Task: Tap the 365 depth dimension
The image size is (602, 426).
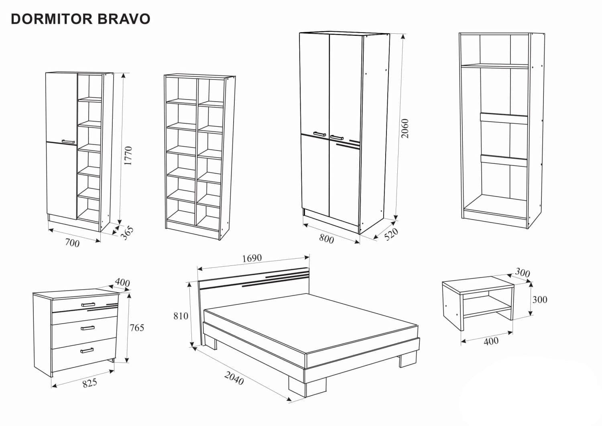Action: (127, 233)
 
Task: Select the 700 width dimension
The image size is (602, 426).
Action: (72, 243)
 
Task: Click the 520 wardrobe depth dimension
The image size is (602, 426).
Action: (391, 234)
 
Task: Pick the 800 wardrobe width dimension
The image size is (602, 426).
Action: (326, 238)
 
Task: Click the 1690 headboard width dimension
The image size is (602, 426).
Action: (252, 258)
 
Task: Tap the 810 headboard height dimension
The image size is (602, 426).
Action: (181, 316)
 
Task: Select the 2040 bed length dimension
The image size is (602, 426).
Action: (234, 378)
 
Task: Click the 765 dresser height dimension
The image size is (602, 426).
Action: (136, 328)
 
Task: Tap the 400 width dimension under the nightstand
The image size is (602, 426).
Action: (491, 341)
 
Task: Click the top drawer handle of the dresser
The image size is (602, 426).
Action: (88, 304)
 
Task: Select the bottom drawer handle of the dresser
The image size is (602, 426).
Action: (87, 351)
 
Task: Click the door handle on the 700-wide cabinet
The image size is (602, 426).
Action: (68, 141)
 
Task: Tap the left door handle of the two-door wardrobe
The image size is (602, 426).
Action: (319, 133)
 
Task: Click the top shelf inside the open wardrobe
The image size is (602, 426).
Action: (494, 65)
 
